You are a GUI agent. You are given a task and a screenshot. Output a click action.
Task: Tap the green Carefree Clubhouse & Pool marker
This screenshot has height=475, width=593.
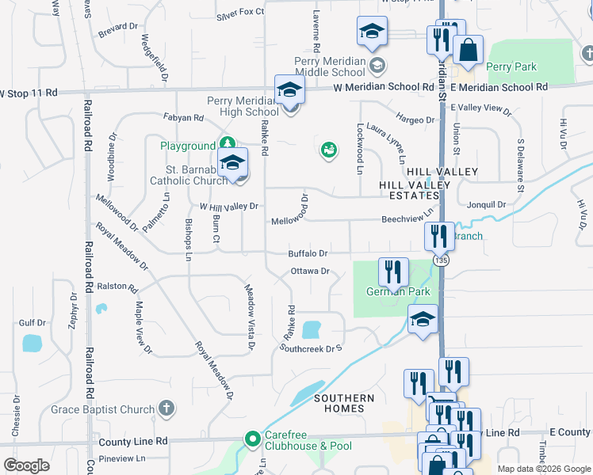(253, 438)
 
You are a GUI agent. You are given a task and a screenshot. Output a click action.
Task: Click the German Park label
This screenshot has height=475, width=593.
(398, 292)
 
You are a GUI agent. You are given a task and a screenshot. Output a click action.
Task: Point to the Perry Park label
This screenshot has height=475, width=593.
(510, 67)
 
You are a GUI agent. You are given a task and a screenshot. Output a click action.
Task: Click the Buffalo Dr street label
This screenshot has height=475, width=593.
(308, 253)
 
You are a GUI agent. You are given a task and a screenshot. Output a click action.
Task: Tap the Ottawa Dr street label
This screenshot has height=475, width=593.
(308, 271)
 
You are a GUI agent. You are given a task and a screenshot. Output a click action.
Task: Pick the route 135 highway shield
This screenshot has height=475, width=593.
(441, 259)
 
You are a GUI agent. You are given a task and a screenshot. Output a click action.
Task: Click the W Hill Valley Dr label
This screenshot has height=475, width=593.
(229, 206)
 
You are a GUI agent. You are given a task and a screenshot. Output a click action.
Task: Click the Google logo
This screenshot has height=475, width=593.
(26, 465)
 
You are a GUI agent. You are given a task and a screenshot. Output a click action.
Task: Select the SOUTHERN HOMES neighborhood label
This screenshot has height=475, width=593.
(343, 403)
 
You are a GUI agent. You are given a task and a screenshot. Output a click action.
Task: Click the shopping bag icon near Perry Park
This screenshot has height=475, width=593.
(469, 49)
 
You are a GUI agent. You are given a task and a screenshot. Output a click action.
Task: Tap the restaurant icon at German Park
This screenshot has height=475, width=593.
(393, 272)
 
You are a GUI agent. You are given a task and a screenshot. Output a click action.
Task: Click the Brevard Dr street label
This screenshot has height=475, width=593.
(118, 26)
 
